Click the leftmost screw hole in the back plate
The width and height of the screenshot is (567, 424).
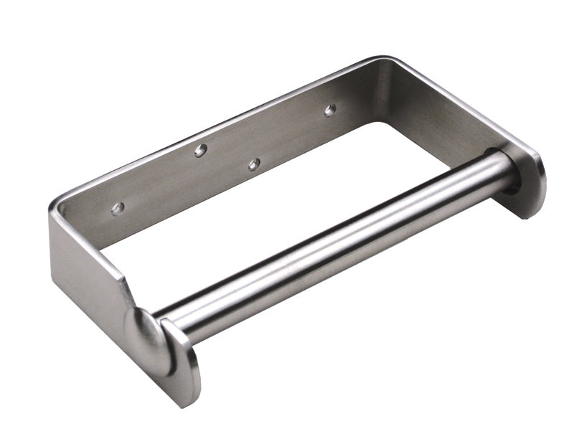pos(118,208)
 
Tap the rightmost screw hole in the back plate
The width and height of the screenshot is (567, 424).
pos(330,110)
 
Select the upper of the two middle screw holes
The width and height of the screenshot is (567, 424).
pos(200,150)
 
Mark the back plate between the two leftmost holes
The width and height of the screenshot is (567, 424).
pos(158,179)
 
